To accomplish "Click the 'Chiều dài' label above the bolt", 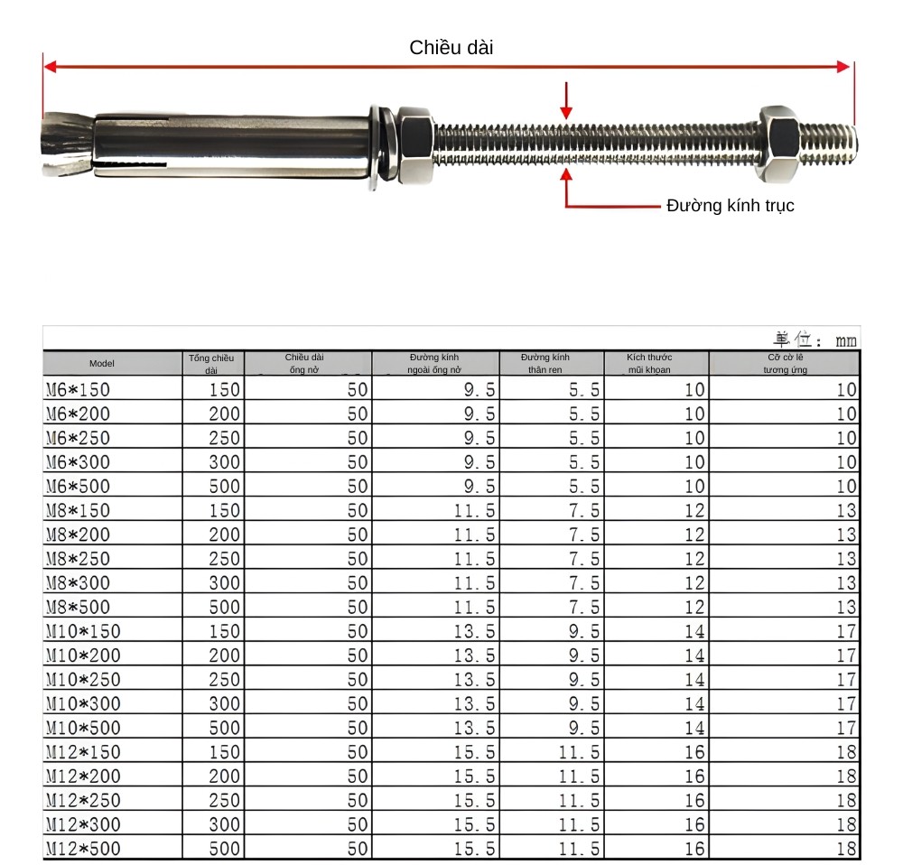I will (451, 48).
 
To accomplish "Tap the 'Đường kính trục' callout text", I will (730, 206).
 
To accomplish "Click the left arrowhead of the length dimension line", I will (51, 67).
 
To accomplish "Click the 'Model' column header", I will (102, 364).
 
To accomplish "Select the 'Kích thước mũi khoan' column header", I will (649, 364).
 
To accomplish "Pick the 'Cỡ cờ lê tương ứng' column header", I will (784, 364).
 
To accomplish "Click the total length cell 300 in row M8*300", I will (225, 583).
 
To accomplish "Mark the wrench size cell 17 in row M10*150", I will (845, 631).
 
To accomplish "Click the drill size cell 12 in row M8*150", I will (693, 511).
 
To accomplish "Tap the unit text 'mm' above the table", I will (845, 340).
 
